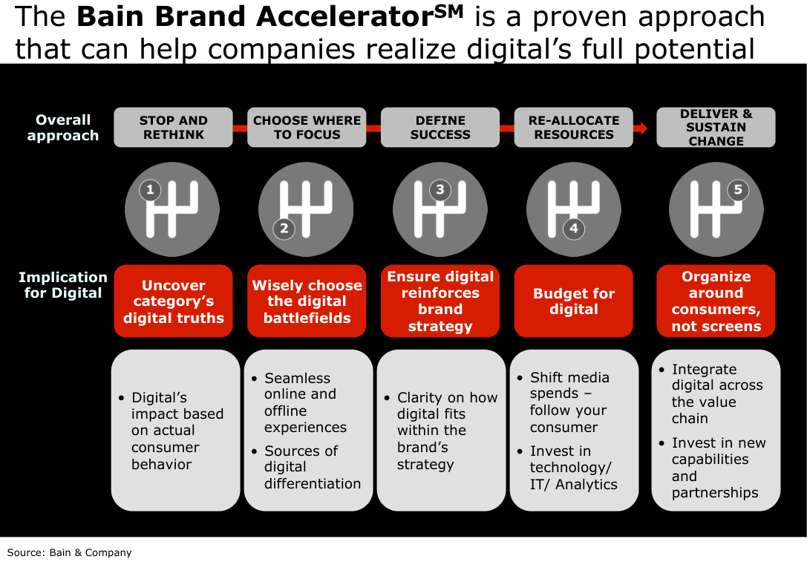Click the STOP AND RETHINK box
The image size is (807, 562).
(173, 127)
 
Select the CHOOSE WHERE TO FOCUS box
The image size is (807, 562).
(307, 127)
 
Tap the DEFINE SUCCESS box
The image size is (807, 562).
(440, 127)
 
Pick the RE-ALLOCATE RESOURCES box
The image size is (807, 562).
(573, 127)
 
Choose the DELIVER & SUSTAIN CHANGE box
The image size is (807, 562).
(716, 127)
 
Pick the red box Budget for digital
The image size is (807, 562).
(573, 301)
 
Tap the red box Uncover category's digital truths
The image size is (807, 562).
(173, 301)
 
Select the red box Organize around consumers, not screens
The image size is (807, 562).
(716, 301)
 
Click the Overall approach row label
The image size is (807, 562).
(63, 128)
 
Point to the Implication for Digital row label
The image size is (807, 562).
(63, 285)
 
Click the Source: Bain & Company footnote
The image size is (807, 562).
(70, 553)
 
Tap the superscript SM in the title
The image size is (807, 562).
(449, 11)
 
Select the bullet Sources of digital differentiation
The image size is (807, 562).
(307, 467)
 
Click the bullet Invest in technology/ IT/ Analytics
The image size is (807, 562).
(568, 467)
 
